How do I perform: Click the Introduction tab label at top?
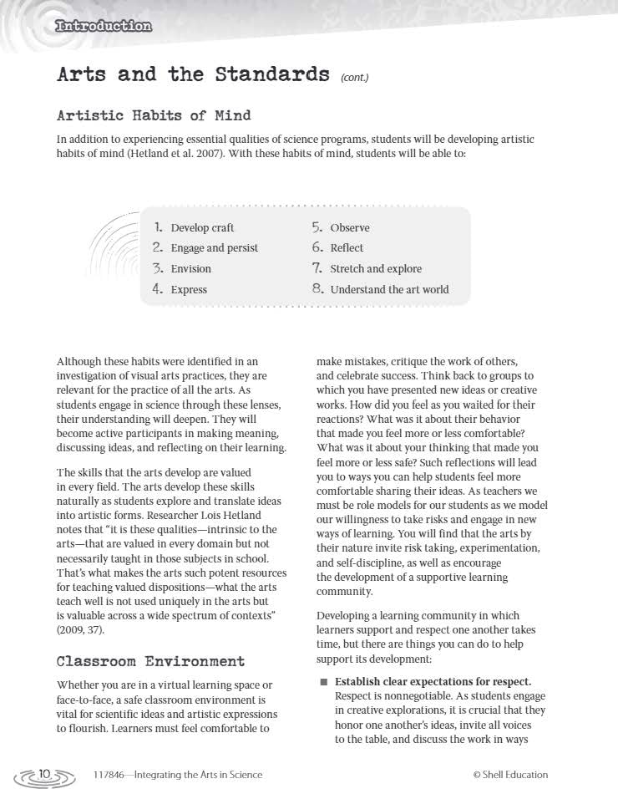[x=103, y=26]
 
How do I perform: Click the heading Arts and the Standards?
[x=193, y=74]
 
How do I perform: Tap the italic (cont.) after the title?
[x=354, y=78]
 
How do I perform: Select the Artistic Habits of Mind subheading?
[x=154, y=115]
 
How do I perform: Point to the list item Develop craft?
[x=202, y=228]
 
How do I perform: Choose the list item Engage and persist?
[x=215, y=248]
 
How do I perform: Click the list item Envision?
[x=190, y=269]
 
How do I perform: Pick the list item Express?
[x=189, y=290]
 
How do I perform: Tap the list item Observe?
[x=350, y=228]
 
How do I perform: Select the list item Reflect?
[x=347, y=248]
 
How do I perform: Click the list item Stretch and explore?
[x=376, y=269]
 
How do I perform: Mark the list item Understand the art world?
[x=389, y=290]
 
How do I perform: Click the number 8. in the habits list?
[x=317, y=289]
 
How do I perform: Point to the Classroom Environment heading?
[x=150, y=661]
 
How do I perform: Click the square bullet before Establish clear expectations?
[x=323, y=682]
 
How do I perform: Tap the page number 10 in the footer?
[x=44, y=774]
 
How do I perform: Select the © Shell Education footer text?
[x=510, y=775]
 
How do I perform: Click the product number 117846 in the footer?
[x=111, y=775]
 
